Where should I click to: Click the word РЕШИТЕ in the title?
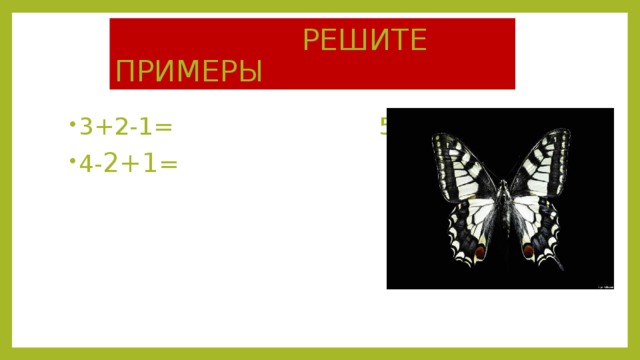click(x=365, y=41)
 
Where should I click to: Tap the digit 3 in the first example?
click(x=87, y=126)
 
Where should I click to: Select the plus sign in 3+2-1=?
click(x=102, y=126)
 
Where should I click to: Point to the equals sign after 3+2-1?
click(x=163, y=126)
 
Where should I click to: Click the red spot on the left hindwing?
click(x=480, y=250)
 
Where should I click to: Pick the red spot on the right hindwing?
click(x=527, y=250)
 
